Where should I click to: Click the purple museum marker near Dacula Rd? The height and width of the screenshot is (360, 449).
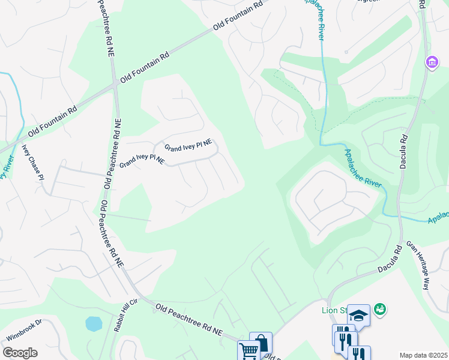pos(431,62)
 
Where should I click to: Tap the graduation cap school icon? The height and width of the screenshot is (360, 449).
pos(358,315)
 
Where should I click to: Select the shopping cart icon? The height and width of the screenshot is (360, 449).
pos(249,350)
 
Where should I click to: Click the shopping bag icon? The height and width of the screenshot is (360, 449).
pos(261,343)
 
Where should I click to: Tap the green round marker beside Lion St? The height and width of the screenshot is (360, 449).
pos(379,310)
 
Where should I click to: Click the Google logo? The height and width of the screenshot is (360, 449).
pos(20,353)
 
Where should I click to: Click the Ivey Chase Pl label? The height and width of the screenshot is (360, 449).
pos(33,161)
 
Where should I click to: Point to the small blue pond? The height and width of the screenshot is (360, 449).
pos(94,324)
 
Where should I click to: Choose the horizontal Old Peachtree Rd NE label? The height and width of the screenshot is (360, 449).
pos(189,319)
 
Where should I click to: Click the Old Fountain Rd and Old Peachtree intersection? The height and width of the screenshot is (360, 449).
pos(114,85)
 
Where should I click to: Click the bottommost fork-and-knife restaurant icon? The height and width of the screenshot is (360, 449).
pos(359,353)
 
